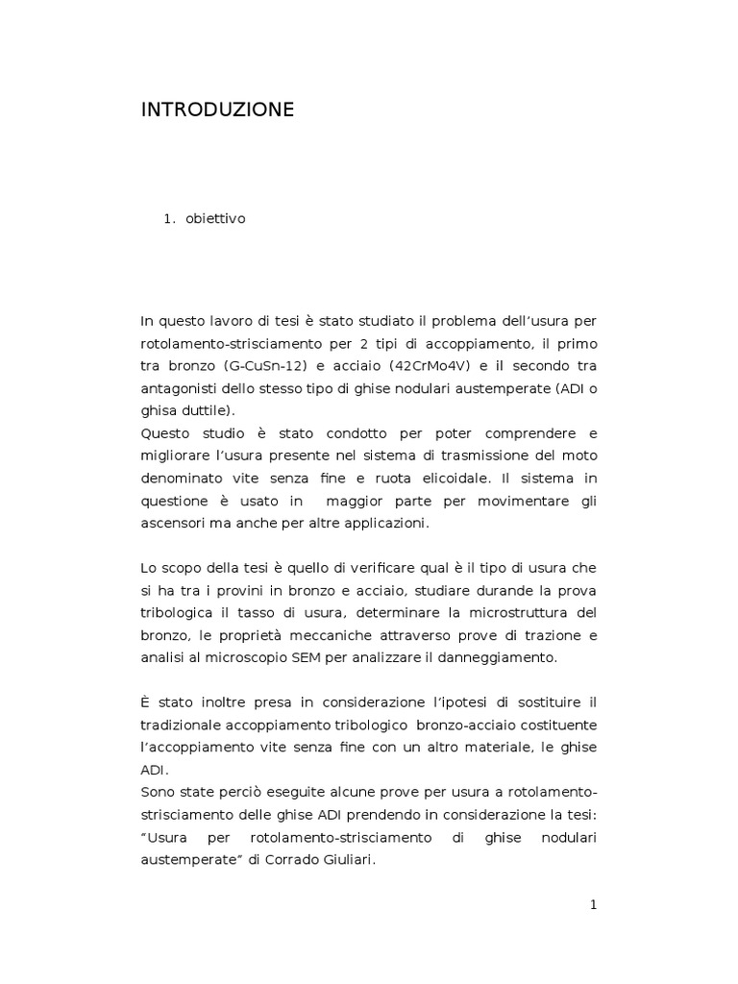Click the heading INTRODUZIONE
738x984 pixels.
click(217, 111)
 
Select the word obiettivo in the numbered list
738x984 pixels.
click(215, 219)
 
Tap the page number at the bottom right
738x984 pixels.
click(593, 904)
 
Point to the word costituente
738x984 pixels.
click(558, 725)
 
